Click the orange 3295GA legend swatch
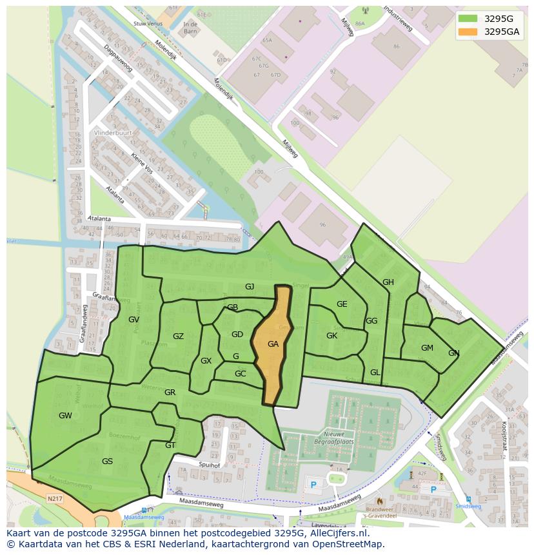[468, 32]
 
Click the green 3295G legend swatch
[468, 19]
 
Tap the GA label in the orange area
[273, 344]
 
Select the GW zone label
[65, 416]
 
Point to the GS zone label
[107, 462]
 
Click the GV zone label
[133, 320]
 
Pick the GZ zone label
[178, 336]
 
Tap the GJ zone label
[250, 286]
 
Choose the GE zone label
[342, 304]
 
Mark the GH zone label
[388, 282]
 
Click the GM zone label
[427, 348]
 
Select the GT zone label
[170, 445]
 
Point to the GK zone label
[331, 336]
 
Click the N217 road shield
[55, 499]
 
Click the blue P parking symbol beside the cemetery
[313, 484]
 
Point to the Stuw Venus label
[146, 23]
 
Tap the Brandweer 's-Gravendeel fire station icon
[379, 500]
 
